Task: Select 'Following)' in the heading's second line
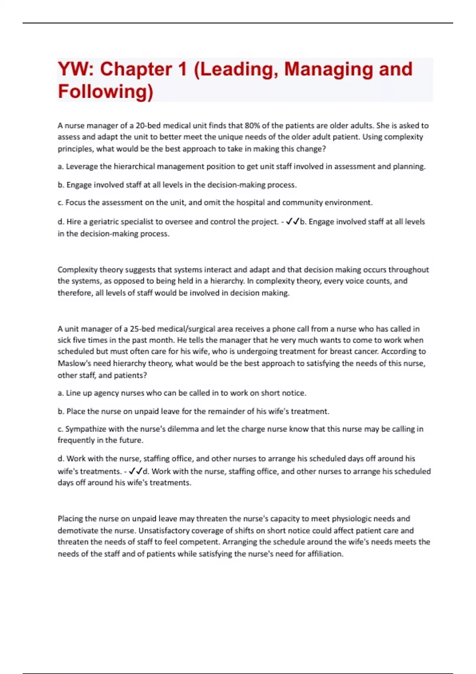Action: pos(106,92)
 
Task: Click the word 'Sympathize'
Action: pos(85,429)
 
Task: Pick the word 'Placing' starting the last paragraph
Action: pos(71,519)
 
